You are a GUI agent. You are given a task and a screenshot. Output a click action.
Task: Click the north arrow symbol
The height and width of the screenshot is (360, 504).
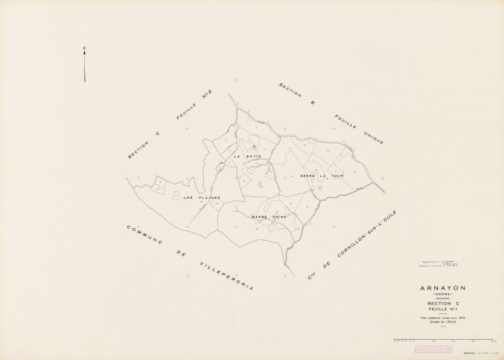coord(85,64)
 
